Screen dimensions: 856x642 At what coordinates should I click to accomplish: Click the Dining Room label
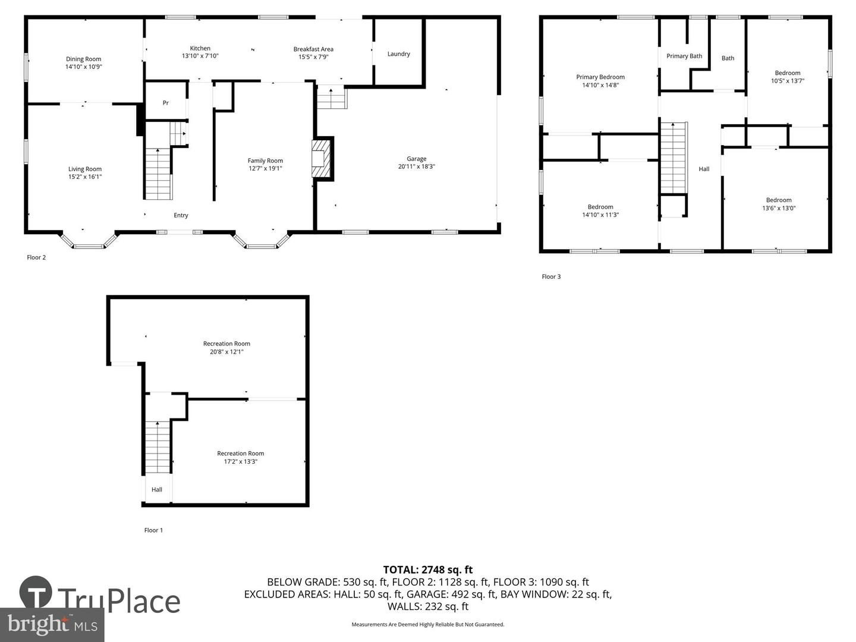(x=83, y=59)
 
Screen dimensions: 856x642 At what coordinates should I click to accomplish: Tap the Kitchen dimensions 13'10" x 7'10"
(x=200, y=56)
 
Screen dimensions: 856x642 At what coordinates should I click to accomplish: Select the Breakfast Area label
(x=313, y=49)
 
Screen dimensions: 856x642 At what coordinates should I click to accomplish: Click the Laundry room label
(x=398, y=53)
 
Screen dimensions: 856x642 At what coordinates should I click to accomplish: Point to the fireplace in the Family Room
(x=321, y=159)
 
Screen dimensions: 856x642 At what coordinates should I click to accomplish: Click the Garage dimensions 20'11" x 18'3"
(x=417, y=166)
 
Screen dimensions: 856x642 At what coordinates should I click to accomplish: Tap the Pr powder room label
(x=166, y=103)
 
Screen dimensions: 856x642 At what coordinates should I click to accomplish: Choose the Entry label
(x=181, y=215)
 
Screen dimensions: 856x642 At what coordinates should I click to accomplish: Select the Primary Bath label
(x=684, y=56)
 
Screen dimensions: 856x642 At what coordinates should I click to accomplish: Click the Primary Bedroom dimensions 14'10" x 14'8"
(x=600, y=85)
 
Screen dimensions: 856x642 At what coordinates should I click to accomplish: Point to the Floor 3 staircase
(x=673, y=158)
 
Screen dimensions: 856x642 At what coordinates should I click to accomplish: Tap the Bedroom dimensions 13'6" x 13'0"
(x=779, y=208)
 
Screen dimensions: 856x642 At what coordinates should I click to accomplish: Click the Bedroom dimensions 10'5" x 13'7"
(x=788, y=81)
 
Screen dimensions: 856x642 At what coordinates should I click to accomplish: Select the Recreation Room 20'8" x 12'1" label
(x=226, y=347)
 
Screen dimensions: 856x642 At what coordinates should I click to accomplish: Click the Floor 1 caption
(x=153, y=530)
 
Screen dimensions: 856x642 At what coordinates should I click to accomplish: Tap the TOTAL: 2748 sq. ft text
(x=428, y=570)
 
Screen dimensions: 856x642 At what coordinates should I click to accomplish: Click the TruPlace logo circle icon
(x=36, y=591)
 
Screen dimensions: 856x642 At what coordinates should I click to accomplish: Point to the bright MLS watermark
(x=52, y=625)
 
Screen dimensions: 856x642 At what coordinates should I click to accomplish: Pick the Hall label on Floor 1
(x=157, y=490)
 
